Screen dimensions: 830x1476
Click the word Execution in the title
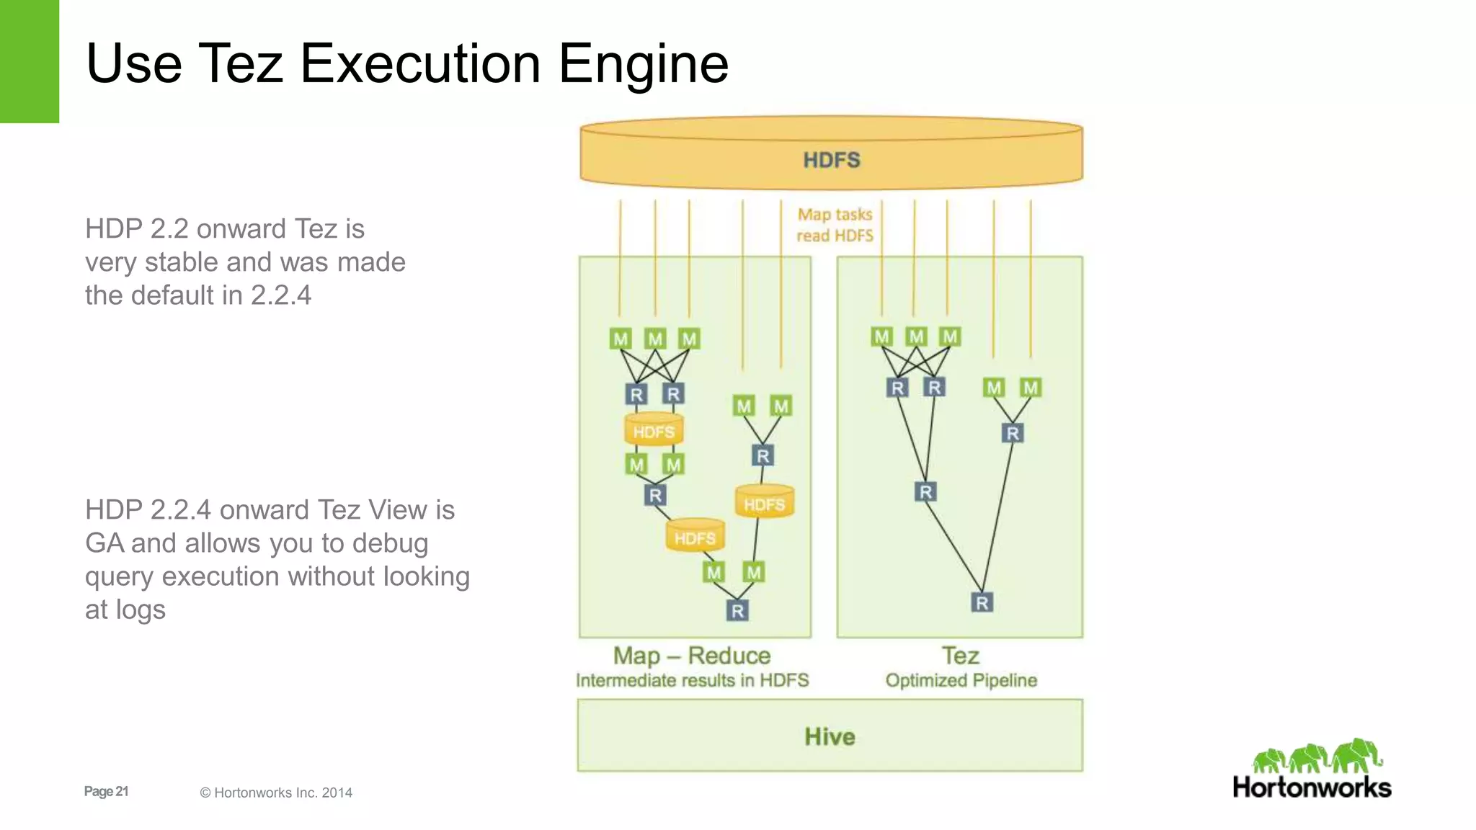(419, 63)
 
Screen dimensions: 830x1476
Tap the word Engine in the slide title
(644, 63)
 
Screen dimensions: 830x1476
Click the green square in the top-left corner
(29, 61)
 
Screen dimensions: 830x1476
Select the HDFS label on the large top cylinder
(832, 160)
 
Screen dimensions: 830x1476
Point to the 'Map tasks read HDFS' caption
(835, 225)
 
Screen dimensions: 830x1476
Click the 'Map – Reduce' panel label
(692, 656)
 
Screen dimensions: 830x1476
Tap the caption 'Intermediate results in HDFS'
(692, 681)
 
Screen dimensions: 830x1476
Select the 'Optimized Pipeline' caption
(961, 681)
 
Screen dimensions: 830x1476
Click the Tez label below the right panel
(960, 656)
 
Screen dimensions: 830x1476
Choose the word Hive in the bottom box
(830, 736)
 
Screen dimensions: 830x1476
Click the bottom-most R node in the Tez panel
(982, 602)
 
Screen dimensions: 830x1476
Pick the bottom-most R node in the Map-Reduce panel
(737, 611)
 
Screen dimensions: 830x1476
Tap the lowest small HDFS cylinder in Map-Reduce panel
(695, 537)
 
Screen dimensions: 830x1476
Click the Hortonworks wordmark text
(1312, 787)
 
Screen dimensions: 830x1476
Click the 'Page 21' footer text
(106, 791)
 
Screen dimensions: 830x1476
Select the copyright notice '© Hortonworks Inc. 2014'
(276, 793)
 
